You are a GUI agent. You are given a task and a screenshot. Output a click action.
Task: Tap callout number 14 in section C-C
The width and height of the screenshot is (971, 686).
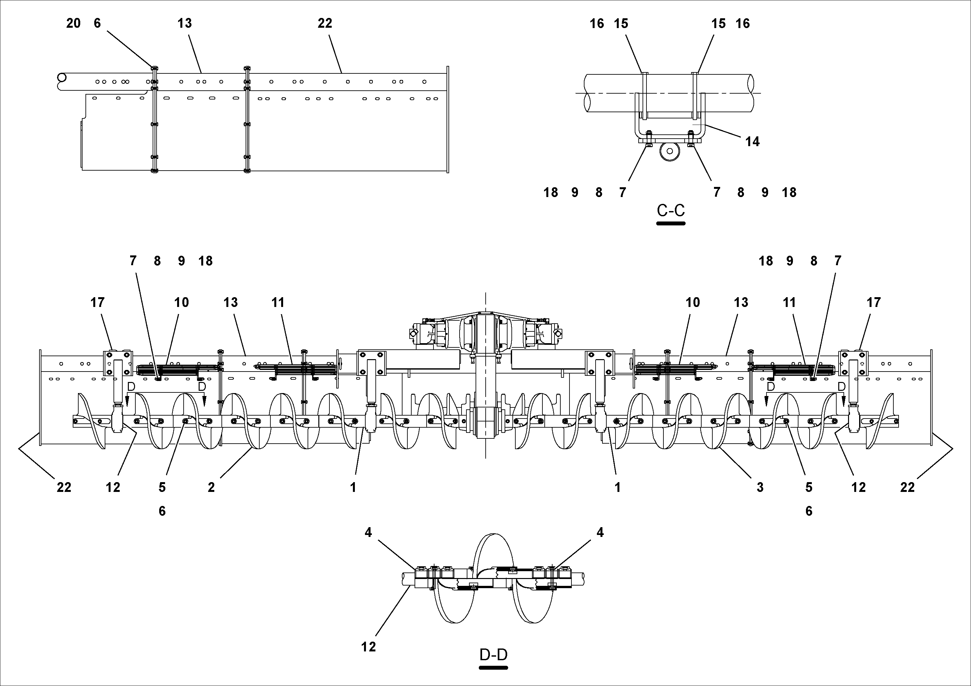tap(752, 142)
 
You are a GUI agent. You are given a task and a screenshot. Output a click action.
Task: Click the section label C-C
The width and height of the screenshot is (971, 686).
tap(671, 210)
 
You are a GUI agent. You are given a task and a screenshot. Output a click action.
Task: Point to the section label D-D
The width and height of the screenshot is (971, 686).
tap(493, 655)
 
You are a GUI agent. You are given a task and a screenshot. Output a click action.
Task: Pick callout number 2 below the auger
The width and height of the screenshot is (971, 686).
tap(211, 488)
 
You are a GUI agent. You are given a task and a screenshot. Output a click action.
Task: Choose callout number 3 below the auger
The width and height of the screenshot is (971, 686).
tap(760, 488)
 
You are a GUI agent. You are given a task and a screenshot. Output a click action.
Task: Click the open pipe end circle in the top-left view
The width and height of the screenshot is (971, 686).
tap(62, 78)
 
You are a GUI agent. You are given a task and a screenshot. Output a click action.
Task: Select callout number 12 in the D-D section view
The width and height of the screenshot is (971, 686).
tap(368, 647)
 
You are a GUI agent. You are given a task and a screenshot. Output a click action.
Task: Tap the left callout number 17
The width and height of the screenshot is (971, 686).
tap(97, 303)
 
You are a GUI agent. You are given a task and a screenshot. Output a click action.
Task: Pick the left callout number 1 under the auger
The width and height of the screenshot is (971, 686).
tap(353, 488)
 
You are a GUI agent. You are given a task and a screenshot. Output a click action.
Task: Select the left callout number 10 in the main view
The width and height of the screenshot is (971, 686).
tap(181, 303)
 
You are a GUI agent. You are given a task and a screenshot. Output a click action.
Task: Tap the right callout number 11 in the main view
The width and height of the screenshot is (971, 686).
tap(789, 303)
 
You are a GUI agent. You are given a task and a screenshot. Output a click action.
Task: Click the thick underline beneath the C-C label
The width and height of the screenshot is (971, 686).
tap(671, 223)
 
